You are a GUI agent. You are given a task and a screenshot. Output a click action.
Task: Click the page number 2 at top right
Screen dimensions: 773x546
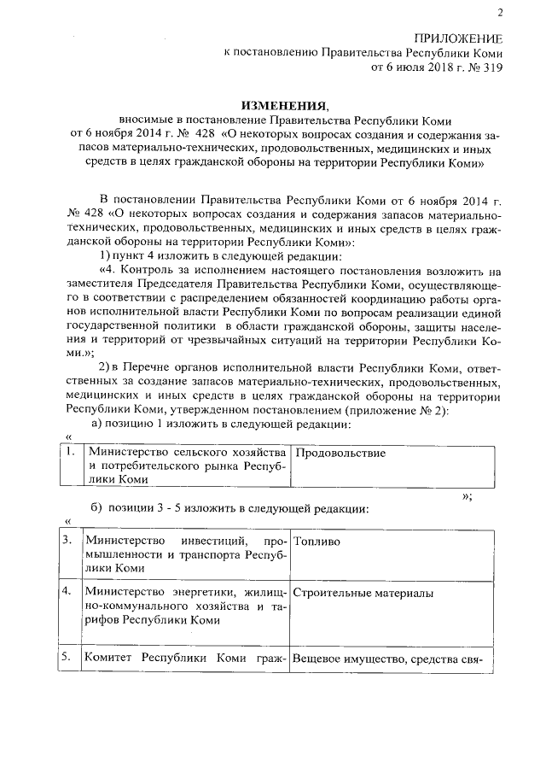pyautogui.click(x=501, y=11)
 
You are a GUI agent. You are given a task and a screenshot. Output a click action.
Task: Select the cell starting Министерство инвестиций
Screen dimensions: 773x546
pyautogui.click(x=184, y=554)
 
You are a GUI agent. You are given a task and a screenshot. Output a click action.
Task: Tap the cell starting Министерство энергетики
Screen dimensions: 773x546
pyautogui.click(x=184, y=606)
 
